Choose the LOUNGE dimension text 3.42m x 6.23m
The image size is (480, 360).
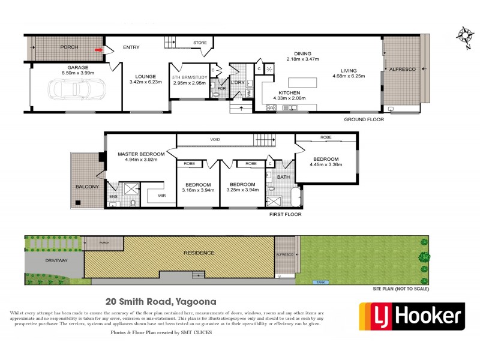click(x=146, y=82)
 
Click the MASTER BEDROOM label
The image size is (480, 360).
click(x=140, y=154)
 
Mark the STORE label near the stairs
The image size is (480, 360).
click(x=199, y=43)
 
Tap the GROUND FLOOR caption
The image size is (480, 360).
click(x=364, y=119)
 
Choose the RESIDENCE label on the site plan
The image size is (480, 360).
click(x=199, y=253)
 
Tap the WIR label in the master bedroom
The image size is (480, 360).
click(x=161, y=195)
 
